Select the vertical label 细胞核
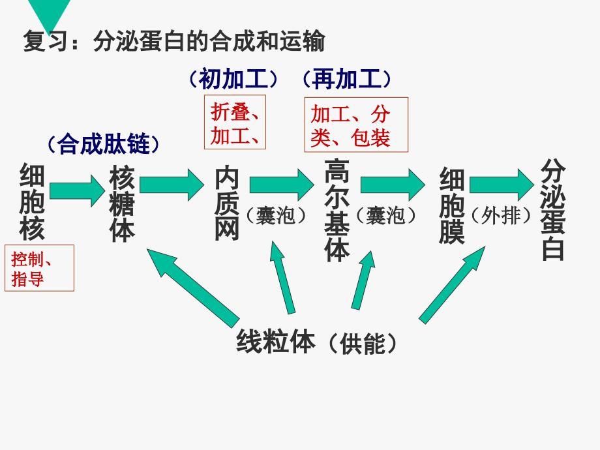[32, 202]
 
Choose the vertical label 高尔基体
[337, 210]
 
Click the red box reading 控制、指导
[39, 268]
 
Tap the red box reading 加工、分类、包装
[356, 125]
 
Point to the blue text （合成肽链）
[102, 143]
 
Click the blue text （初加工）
[233, 79]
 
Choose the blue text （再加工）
[347, 79]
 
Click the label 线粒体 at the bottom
[276, 340]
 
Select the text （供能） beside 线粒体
[362, 343]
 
